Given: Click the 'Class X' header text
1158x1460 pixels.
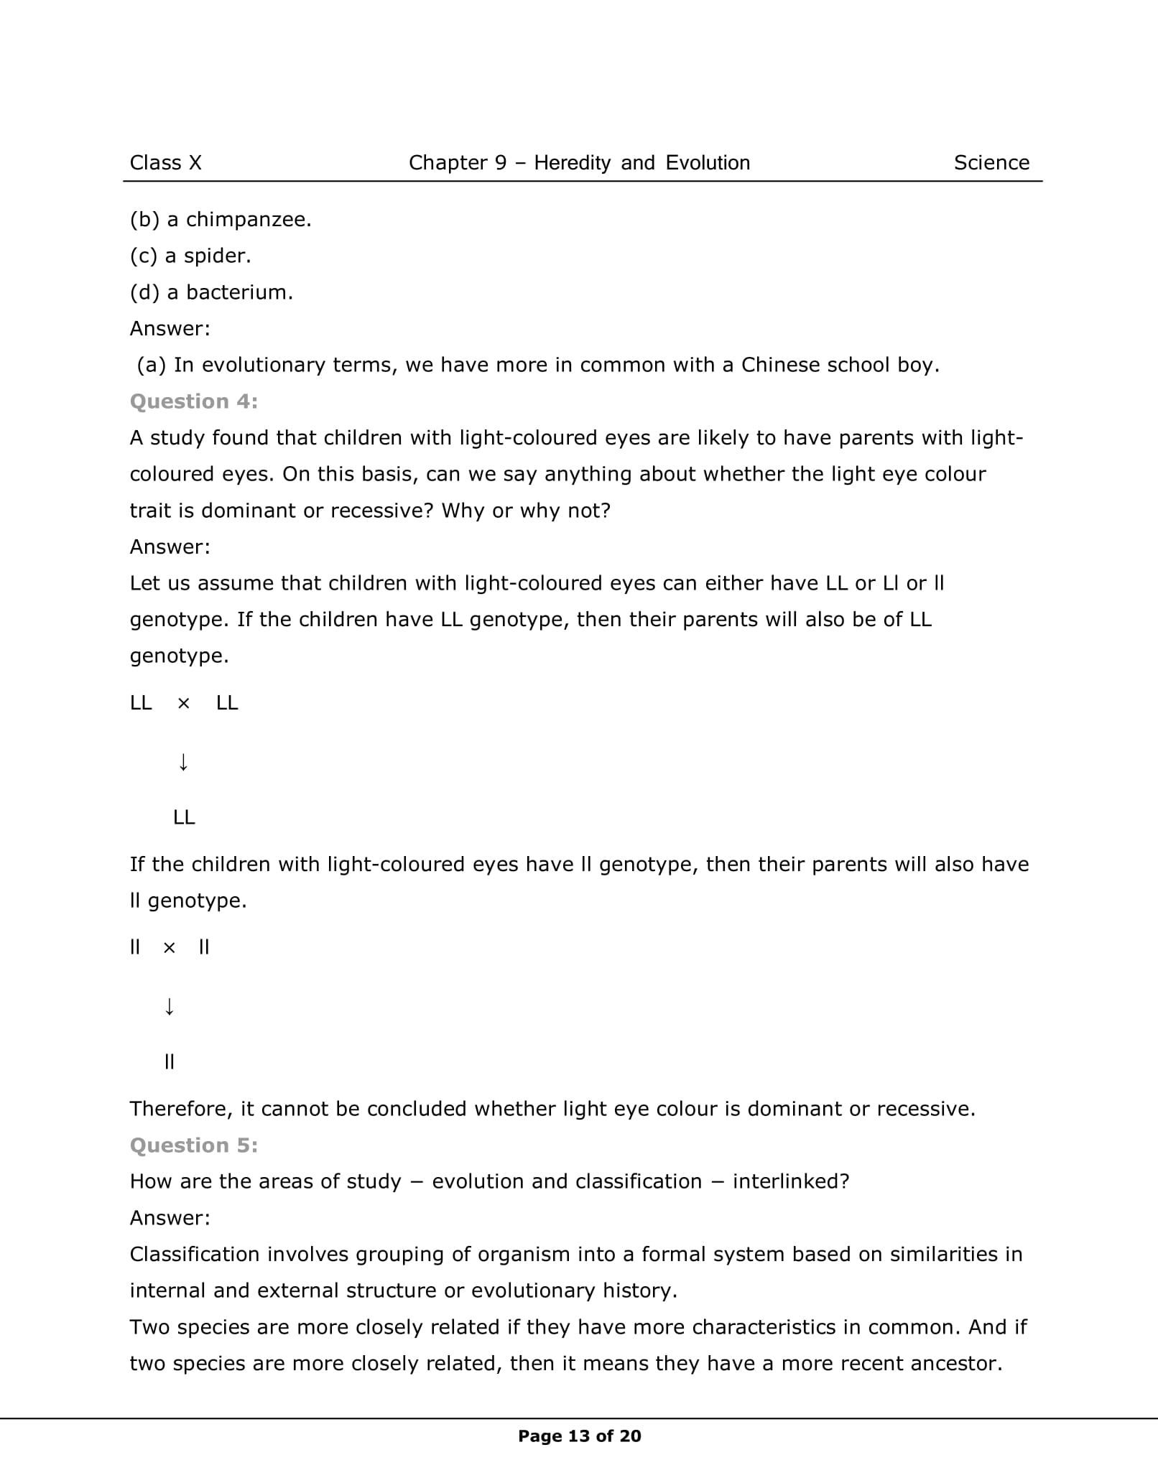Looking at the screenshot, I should pyautogui.click(x=165, y=163).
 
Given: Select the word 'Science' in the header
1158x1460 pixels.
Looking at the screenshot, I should pyautogui.click(x=991, y=163).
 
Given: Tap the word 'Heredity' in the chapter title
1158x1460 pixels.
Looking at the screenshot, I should pyautogui.click(x=572, y=163).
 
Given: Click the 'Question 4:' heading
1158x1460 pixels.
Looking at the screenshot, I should pyautogui.click(x=193, y=401).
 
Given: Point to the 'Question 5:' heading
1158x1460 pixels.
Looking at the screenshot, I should pyautogui.click(x=193, y=1145).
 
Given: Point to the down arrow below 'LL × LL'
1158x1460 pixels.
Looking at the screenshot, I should pyautogui.click(x=183, y=761).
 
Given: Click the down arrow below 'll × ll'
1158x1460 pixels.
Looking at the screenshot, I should pyautogui.click(x=169, y=1007).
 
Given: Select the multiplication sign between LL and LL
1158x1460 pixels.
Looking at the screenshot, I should pyautogui.click(x=183, y=704).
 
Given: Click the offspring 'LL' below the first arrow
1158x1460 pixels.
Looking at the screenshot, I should pyautogui.click(x=184, y=817).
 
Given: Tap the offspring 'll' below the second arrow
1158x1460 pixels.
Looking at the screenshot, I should pyautogui.click(x=169, y=1061).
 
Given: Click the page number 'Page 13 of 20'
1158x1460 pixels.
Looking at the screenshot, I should pyautogui.click(x=579, y=1436).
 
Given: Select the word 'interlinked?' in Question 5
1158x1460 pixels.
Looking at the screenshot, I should pyautogui.click(x=790, y=1182).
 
